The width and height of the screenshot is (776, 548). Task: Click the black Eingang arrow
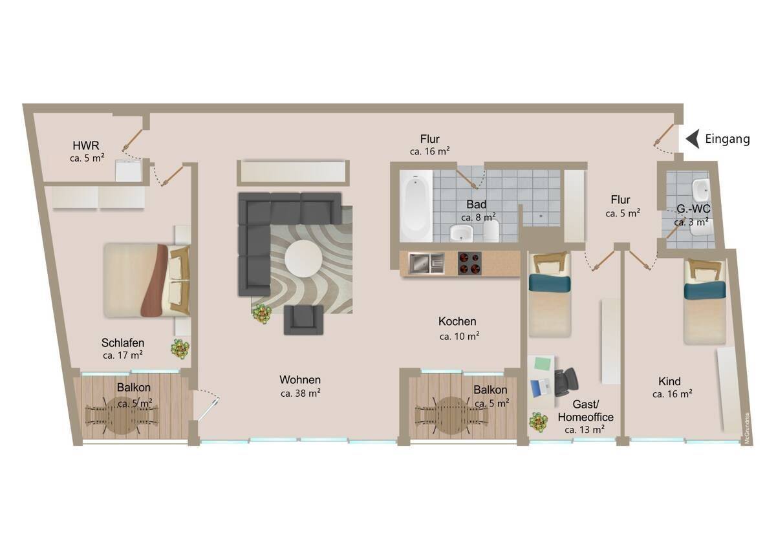pos(693,139)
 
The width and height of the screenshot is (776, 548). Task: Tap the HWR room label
pos(86,145)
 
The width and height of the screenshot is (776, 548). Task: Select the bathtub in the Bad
pos(416,205)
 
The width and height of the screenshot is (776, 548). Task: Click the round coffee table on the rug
pos(304,258)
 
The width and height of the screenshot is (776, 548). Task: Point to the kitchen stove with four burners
pos(469,264)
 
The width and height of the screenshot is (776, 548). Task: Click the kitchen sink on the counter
pos(426,264)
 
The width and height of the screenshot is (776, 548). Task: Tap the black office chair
pos(566,382)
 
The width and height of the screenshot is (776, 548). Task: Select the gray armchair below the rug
pos(304,320)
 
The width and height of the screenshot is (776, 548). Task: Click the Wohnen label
pos(300,380)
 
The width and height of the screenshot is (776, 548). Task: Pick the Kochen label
pos(457,321)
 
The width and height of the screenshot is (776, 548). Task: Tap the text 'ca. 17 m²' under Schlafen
pos(123,355)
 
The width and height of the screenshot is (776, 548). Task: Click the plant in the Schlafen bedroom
pos(180,348)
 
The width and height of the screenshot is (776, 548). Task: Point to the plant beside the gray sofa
pos(262,314)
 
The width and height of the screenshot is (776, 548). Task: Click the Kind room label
pos(669,381)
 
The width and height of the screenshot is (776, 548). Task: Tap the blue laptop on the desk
pos(541,388)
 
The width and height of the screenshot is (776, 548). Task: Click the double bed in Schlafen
pos(147,280)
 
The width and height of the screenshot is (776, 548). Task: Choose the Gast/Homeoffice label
pos(585,410)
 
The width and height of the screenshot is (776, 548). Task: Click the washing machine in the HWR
pos(129,171)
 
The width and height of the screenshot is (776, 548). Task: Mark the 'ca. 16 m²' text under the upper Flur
pos(430,151)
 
